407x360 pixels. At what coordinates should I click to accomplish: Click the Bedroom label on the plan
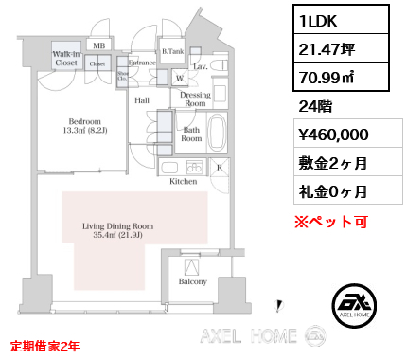tap(87, 126)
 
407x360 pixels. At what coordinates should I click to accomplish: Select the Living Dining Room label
tap(117, 231)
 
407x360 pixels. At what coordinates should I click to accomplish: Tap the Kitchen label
tap(184, 180)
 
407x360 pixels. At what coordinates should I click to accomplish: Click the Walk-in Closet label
tap(66, 59)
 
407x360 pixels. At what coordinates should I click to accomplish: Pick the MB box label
tap(99, 45)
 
